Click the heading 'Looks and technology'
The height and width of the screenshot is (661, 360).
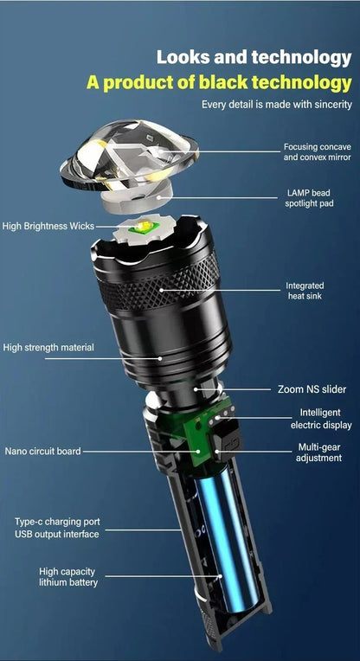(254, 58)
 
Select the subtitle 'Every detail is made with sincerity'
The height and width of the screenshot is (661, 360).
(276, 105)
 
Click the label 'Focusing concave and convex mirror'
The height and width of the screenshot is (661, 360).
(317, 151)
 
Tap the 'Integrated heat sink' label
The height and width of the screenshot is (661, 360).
(305, 291)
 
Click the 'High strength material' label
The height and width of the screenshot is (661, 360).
(48, 348)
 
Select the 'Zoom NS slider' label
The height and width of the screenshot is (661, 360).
(312, 389)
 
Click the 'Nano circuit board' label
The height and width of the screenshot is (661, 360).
(42, 451)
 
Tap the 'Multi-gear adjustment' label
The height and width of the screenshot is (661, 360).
(319, 452)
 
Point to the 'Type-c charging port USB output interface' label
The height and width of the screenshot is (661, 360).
(56, 528)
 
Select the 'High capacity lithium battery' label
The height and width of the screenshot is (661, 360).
(68, 577)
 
